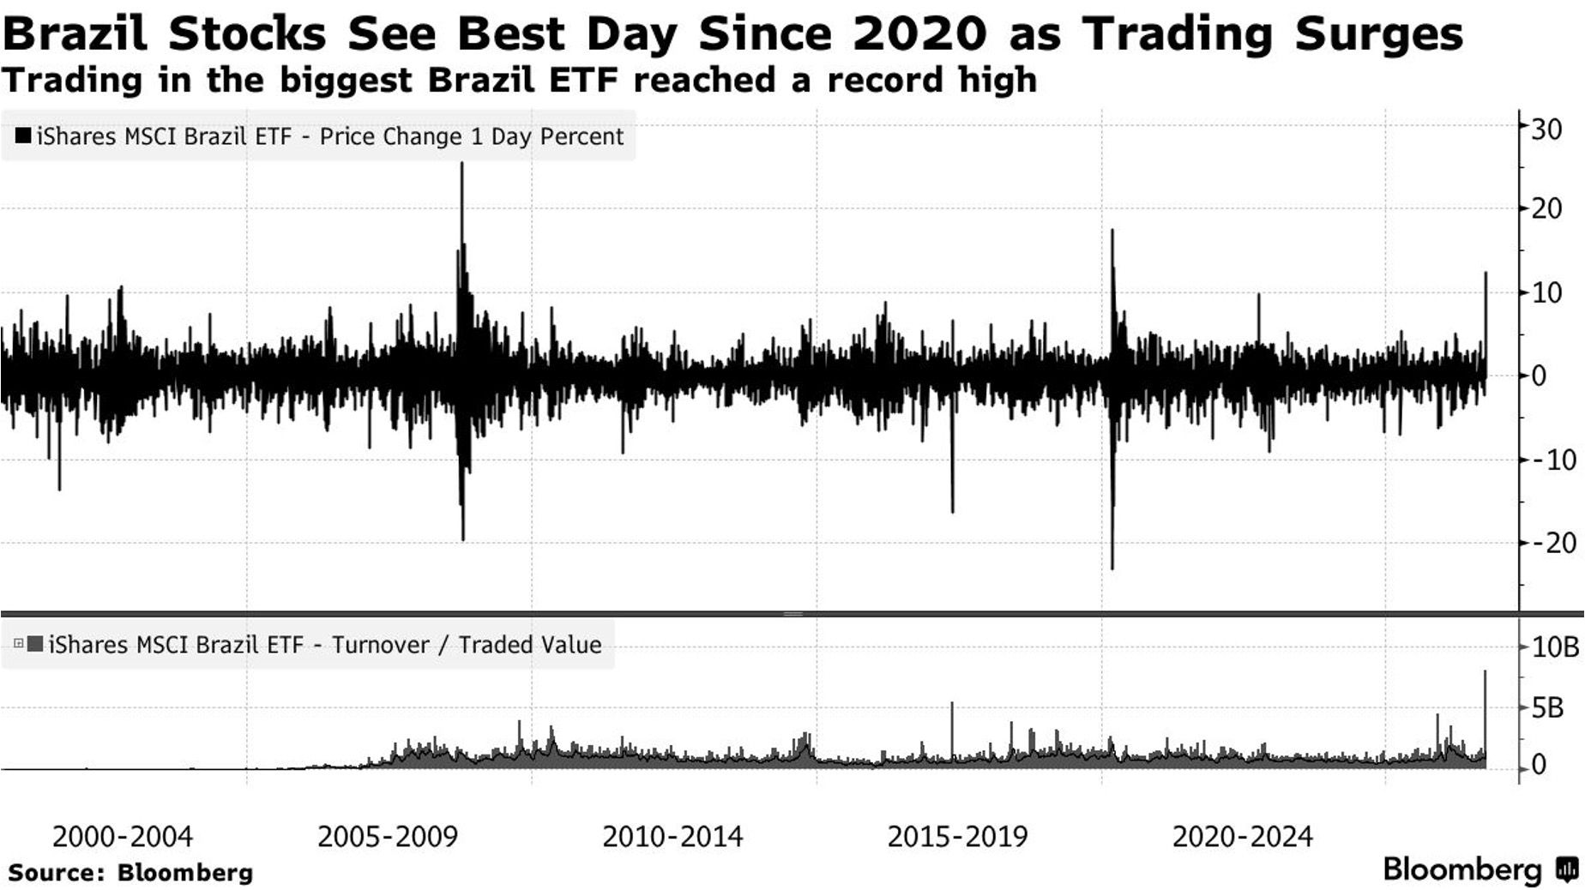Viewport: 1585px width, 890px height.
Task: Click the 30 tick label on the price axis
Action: pyautogui.click(x=1547, y=129)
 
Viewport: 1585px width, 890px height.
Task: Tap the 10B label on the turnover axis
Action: pyautogui.click(x=1555, y=646)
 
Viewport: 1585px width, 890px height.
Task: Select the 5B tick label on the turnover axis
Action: pyautogui.click(x=1548, y=708)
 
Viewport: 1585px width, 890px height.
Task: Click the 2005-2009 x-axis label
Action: pyautogui.click(x=388, y=837)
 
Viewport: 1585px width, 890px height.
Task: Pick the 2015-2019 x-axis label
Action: pyautogui.click(x=957, y=837)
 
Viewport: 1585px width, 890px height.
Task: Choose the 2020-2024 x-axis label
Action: pyautogui.click(x=1243, y=837)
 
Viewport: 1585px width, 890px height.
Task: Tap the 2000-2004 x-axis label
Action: pyautogui.click(x=123, y=837)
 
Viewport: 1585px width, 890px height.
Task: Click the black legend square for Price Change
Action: pyautogui.click(x=23, y=135)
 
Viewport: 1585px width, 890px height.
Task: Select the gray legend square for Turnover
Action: pyautogui.click(x=35, y=644)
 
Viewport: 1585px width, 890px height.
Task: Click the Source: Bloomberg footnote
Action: pyautogui.click(x=131, y=873)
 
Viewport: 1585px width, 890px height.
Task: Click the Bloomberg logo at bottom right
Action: pyautogui.click(x=1480, y=869)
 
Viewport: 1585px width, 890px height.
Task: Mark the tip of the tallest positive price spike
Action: pyautogui.click(x=461, y=163)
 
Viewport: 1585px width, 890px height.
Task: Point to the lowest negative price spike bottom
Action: pyautogui.click(x=1112, y=568)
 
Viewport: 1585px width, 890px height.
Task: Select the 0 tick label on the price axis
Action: pyautogui.click(x=1540, y=376)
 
